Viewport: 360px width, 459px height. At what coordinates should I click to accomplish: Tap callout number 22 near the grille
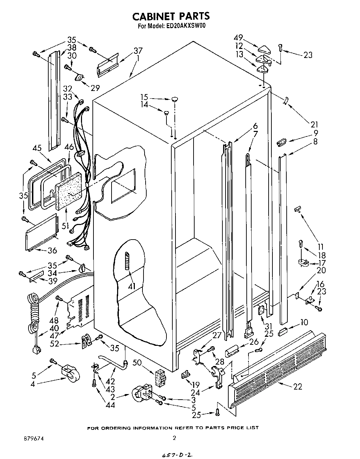coord(298,386)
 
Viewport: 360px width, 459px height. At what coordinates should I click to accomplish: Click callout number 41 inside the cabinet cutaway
coord(132,286)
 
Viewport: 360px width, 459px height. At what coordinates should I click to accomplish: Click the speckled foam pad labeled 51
coord(70,191)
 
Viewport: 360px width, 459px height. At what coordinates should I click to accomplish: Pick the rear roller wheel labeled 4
coord(69,374)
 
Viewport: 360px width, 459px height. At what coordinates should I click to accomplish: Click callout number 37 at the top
coord(138,51)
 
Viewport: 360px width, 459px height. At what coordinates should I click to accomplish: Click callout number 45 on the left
coord(37,148)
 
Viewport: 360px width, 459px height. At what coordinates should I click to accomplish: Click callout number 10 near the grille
coord(304,323)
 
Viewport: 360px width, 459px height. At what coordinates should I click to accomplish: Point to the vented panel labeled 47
coord(81,309)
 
